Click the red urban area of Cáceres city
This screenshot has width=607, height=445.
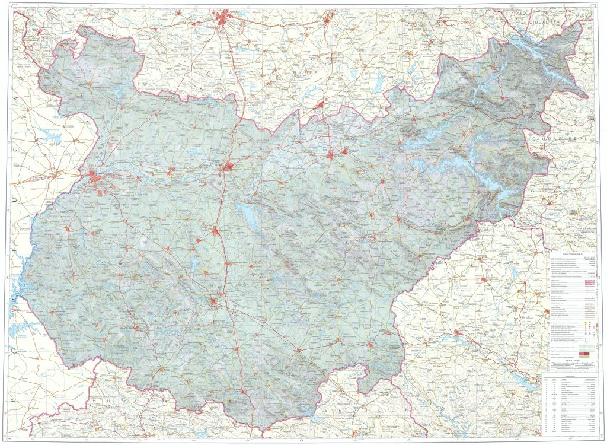click(x=226, y=20)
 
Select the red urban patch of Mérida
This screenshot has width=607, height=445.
click(x=228, y=167)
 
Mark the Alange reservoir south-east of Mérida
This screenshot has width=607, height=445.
click(x=248, y=215)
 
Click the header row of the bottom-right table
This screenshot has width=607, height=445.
click(x=572, y=377)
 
